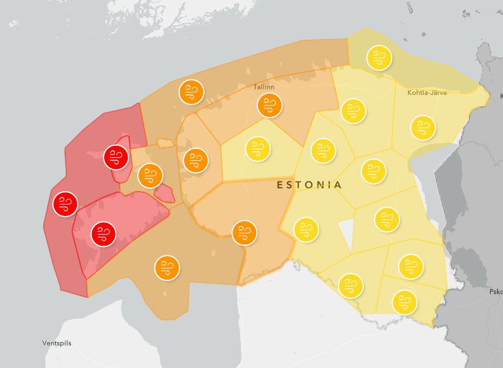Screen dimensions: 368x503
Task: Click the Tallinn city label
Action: tap(264, 87)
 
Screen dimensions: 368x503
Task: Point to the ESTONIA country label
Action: tap(309, 185)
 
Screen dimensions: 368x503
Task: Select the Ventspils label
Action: tap(57, 343)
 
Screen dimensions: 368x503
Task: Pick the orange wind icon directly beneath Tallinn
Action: tap(269, 106)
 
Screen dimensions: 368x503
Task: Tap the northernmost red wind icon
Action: tap(116, 158)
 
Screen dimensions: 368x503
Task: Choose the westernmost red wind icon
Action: tap(65, 204)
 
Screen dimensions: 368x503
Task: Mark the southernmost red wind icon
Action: tap(104, 234)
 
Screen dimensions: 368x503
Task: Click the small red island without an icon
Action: tap(165, 194)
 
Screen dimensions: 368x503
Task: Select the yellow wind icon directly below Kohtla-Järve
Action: tap(423, 128)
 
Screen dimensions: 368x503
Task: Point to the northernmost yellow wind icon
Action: tap(380, 58)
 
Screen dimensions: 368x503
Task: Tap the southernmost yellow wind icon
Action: tap(405, 301)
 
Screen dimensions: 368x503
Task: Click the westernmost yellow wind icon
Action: tap(258, 148)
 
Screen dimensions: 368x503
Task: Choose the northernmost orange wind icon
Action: tap(192, 92)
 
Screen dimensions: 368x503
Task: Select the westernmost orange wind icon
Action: tap(150, 176)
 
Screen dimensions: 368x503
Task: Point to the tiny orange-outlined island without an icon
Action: tap(164, 143)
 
